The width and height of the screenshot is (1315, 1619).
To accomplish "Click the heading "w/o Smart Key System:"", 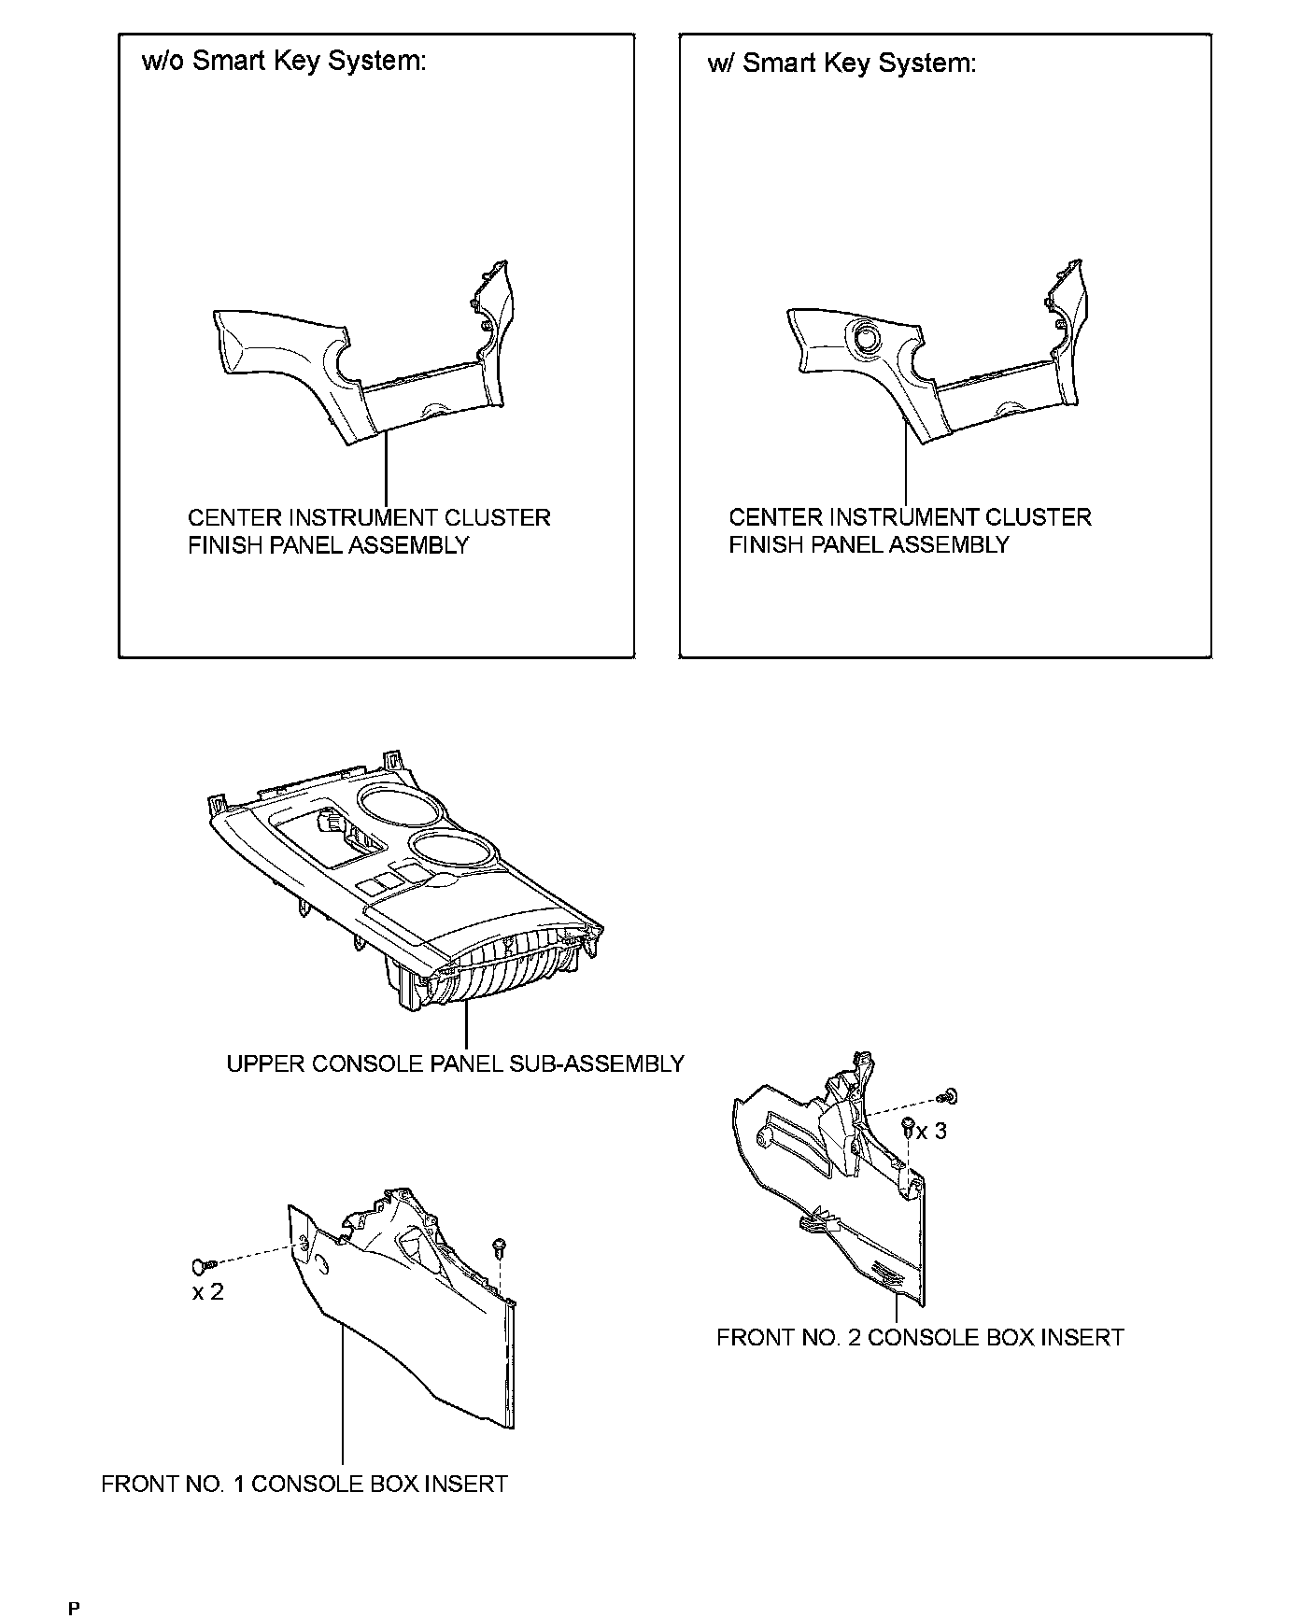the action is [x=283, y=62].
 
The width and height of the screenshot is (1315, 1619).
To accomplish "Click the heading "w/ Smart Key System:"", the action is [x=841, y=63].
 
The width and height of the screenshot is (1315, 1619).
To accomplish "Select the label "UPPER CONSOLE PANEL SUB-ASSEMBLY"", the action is [x=455, y=1063].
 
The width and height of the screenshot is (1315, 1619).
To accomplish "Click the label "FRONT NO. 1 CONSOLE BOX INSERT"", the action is [x=304, y=1484].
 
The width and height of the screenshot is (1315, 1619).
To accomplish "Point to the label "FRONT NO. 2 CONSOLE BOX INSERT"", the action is [x=919, y=1337].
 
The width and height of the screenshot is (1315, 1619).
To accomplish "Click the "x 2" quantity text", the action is [x=207, y=1292].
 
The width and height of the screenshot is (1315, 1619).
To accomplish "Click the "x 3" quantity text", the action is [x=930, y=1131].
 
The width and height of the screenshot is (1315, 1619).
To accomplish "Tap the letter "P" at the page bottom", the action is [x=75, y=1609].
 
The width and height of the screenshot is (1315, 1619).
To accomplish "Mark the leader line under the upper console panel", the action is [x=464, y=1025].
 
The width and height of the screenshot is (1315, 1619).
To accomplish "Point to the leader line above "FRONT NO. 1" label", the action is [x=343, y=1401].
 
